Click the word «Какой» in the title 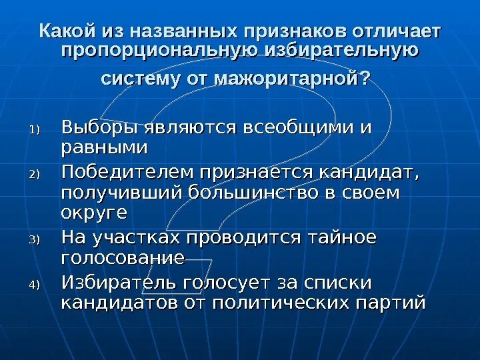click(x=67, y=31)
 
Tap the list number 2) click(x=35, y=175)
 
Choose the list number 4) click(x=35, y=285)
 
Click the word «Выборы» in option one click(x=99, y=127)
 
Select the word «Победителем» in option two click(x=126, y=172)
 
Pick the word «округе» click(x=94, y=214)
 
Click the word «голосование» click(x=123, y=258)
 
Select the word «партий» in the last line click(x=391, y=302)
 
